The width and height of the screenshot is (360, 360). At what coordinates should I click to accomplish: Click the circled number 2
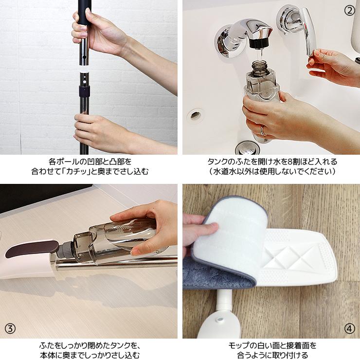click(349, 10)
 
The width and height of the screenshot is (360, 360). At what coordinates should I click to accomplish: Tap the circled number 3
click(10, 329)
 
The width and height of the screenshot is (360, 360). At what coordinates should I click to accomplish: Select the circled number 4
click(349, 329)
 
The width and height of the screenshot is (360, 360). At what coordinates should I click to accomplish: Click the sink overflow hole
click(195, 115)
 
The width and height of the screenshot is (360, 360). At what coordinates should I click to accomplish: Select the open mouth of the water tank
click(259, 63)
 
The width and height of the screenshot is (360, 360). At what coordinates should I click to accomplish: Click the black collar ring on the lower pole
click(84, 91)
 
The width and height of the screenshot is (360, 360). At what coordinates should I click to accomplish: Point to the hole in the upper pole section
click(84, 57)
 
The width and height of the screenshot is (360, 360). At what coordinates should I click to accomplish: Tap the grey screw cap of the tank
click(66, 249)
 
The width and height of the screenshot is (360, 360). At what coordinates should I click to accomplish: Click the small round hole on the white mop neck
click(220, 320)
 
